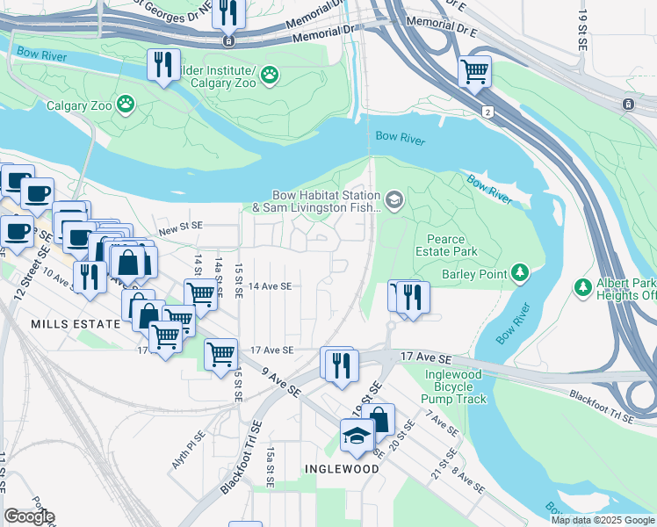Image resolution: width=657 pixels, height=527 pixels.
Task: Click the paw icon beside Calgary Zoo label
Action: click(127, 105)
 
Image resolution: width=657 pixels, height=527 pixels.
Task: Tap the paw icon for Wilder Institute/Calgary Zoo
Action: click(269, 76)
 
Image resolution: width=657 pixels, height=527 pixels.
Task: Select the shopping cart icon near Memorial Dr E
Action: click(474, 70)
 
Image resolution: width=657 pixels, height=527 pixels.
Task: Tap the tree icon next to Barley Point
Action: click(521, 274)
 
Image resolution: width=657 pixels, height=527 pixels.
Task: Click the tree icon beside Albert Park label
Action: click(582, 287)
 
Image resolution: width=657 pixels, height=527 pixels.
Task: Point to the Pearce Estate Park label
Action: click(451, 245)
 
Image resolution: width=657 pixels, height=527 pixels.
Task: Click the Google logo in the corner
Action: click(29, 516)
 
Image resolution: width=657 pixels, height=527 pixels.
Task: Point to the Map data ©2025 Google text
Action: click(602, 520)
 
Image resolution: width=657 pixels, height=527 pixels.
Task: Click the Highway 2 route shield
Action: click(487, 112)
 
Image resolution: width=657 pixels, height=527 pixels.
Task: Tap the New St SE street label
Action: click(180, 226)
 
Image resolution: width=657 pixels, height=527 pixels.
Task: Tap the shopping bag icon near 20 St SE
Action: click(379, 419)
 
